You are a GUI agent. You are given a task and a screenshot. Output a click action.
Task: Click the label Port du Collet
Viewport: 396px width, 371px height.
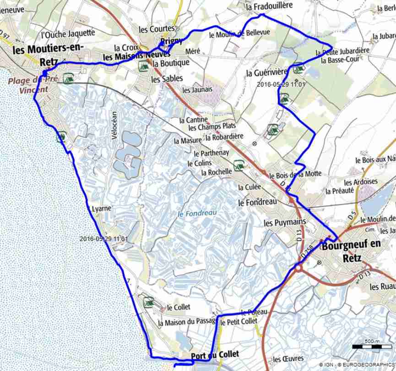215,355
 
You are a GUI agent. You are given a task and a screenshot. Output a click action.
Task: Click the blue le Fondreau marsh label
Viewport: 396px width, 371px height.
197,213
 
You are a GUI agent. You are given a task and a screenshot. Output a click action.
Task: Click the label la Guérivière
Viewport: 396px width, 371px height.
266,72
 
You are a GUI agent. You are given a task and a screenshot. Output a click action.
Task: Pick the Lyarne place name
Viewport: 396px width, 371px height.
102,208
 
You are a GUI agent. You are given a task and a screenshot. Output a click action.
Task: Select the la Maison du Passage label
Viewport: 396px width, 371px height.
187,322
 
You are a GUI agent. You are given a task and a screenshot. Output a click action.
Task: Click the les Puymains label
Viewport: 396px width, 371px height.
285,222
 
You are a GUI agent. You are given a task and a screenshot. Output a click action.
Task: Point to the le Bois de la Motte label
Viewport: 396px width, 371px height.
295,175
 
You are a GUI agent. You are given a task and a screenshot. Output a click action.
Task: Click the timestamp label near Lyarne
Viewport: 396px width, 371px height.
103,239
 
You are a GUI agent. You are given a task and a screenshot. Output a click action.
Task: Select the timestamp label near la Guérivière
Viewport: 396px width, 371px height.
281,84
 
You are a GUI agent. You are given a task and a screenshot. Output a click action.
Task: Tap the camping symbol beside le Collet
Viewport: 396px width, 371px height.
148,302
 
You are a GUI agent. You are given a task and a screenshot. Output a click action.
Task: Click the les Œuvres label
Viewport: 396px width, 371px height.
288,359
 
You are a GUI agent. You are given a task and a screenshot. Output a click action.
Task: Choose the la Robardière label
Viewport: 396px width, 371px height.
224,137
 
